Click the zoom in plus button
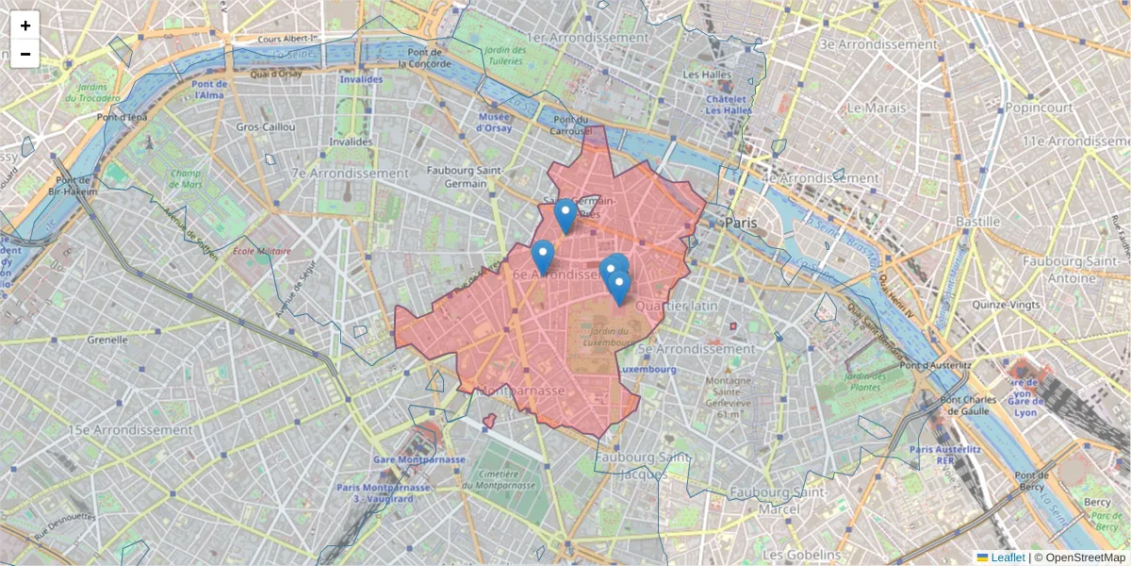[25, 25]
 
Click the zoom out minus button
[25, 54]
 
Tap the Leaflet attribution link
[1007, 558]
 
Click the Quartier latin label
[676, 306]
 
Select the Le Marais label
[876, 108]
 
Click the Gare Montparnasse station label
[419, 459]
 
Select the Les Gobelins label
[803, 554]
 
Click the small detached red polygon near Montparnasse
[489, 420]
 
